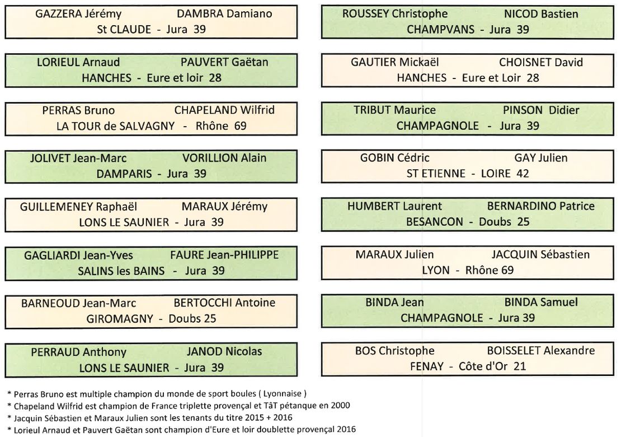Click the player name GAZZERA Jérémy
pos(78,14)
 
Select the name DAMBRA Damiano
pos(224,14)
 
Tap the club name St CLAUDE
pos(124,29)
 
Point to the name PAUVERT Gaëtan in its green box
pos(224,62)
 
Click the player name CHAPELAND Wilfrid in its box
pos(224,110)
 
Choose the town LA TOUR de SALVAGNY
pos(115,126)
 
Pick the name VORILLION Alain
pos(224,158)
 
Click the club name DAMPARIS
pos(124,174)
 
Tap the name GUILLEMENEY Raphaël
pos(78,207)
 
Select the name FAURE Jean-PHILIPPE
pos(224,254)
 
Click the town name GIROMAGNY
pos(120,318)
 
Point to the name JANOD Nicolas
pos(224,351)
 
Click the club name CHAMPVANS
pos(440,29)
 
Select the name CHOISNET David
pos(541,62)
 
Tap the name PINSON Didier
pos(541,110)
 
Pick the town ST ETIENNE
pos(436,173)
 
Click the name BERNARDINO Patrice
pos(541,206)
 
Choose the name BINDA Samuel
pos(541,302)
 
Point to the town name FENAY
pos(426,366)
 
